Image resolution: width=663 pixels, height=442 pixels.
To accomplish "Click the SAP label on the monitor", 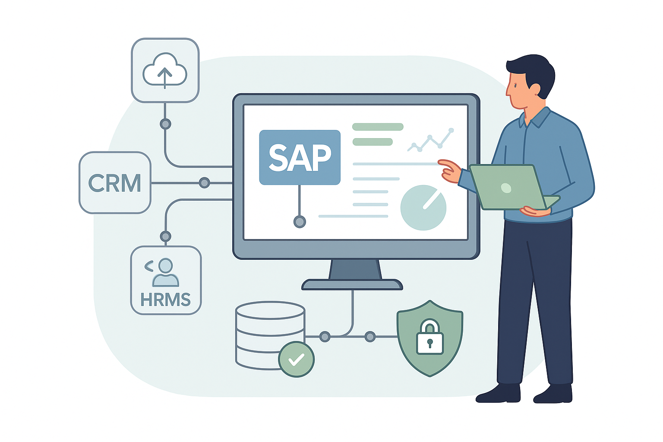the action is coord(300,157).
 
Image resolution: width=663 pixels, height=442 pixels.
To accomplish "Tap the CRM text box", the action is coord(115,183).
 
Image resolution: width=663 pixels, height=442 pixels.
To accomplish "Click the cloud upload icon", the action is coord(165,70).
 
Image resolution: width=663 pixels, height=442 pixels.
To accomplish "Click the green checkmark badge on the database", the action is coord(296,359).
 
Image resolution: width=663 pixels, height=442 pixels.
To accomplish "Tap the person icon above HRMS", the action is coord(165,272).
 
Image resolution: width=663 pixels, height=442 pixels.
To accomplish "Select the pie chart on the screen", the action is coord(423,208).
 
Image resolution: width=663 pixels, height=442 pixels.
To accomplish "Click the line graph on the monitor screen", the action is coord(431,141).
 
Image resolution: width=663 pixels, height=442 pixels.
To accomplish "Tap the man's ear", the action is coord(534,89).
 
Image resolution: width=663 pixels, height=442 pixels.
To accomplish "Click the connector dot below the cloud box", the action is coord(165,124).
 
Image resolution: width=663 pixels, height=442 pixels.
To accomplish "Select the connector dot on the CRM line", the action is coord(204,183).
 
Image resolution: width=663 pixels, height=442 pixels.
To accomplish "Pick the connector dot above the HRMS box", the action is coord(165,237).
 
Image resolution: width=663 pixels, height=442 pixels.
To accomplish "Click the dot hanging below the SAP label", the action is coord(300,222).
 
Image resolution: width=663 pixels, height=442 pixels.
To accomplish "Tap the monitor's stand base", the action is coord(352,284).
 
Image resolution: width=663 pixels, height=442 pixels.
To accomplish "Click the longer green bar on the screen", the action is coord(378,127).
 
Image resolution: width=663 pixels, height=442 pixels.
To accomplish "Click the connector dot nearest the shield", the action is coord(370,337).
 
